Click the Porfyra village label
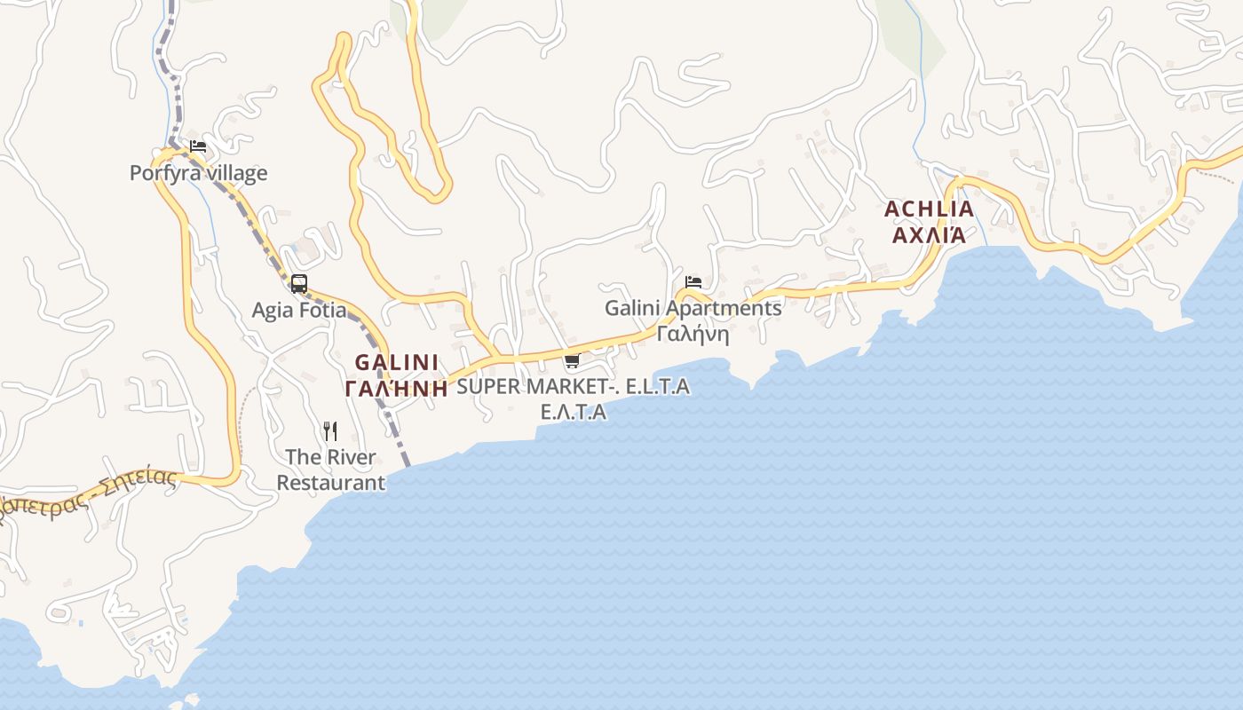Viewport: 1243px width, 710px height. pos(198,173)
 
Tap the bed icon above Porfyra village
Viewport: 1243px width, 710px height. pos(198,146)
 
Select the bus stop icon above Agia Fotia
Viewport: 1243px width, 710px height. pos(299,284)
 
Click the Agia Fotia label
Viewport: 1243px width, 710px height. pos(299,311)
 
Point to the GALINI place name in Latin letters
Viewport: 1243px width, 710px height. pos(397,362)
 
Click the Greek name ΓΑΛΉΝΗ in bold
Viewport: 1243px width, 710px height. pos(396,388)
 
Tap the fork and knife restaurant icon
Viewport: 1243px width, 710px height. pos(330,431)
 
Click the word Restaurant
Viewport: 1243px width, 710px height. pos(331,483)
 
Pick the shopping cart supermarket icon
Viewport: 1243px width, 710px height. pos(573,360)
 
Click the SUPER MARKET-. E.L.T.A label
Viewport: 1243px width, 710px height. pos(573,387)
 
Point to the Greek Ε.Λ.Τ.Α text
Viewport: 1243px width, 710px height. pos(574,412)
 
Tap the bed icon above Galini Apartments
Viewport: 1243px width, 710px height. pos(693,282)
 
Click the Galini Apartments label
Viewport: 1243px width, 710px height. pos(693,308)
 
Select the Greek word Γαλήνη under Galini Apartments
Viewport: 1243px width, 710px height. pos(693,334)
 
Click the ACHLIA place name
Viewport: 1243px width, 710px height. pos(929,209)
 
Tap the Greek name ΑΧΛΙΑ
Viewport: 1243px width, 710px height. pos(929,235)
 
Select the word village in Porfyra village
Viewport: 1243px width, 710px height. pos(235,173)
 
